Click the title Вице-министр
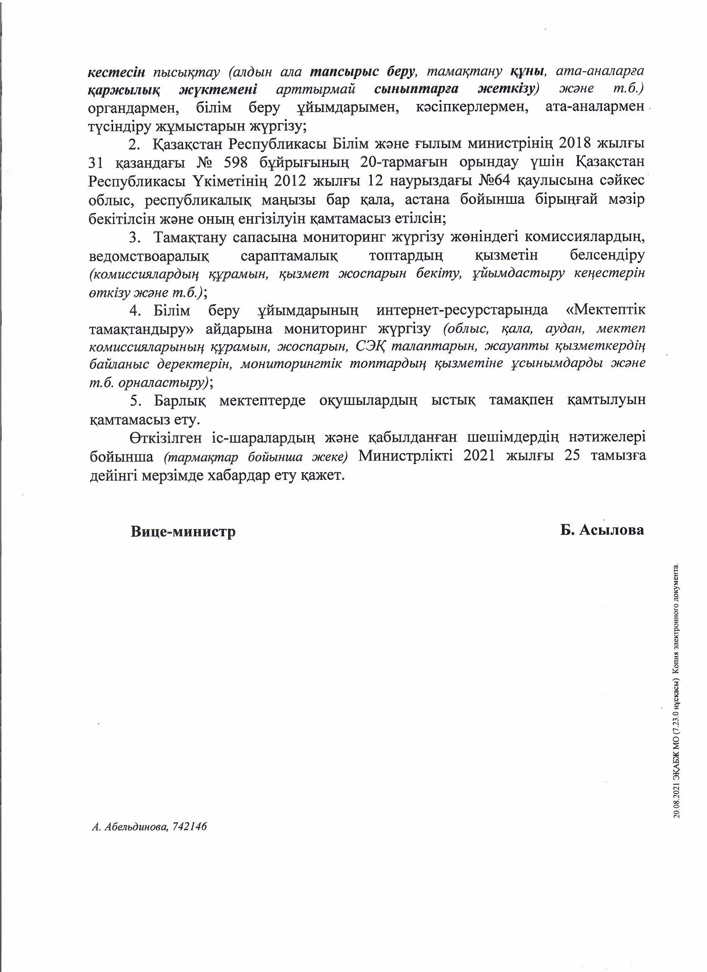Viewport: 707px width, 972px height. tap(183, 531)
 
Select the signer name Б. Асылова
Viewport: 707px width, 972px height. tap(601, 530)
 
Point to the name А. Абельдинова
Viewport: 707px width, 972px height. tap(129, 827)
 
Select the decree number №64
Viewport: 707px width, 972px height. tap(495, 181)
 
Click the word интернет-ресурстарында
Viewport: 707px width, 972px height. tap(462, 310)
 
